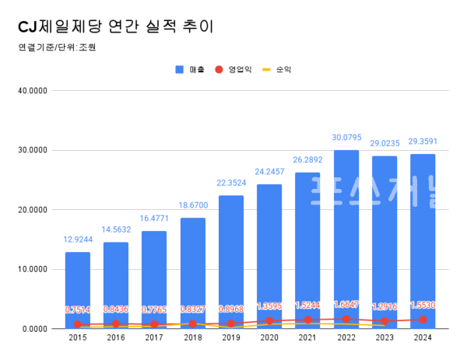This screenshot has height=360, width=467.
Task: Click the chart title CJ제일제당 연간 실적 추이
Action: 114,26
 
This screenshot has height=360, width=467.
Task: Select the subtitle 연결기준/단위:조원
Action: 56,47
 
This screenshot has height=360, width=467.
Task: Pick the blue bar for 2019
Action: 230,260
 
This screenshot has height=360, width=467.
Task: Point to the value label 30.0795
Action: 346,138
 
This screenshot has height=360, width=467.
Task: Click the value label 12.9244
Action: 77,240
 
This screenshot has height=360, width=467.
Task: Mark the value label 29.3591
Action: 423,142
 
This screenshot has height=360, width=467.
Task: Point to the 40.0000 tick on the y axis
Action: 33,90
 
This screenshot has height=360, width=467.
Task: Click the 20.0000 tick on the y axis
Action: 33,210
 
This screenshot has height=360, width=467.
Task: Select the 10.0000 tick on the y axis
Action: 33,270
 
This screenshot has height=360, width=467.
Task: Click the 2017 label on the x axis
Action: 154,337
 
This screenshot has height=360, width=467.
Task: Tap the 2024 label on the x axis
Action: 423,337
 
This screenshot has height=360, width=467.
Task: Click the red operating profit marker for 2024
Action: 423,320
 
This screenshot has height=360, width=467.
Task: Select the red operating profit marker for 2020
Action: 269,320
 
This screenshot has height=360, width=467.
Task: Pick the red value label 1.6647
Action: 346,306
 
